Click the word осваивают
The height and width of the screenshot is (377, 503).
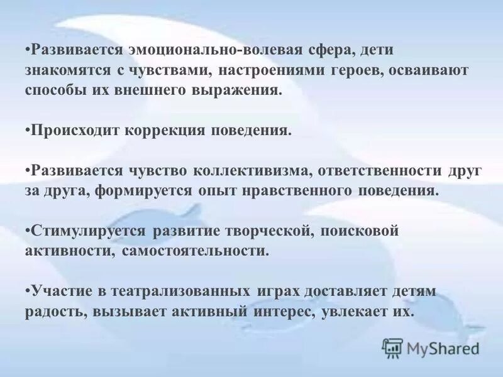tap(429, 70)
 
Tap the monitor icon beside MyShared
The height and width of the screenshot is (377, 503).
tap(392, 347)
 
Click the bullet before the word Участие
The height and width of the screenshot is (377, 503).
tap(28, 292)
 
